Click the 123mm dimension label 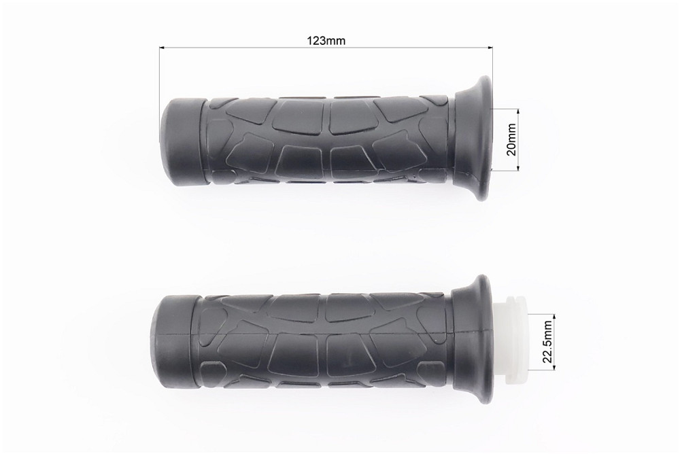pos(326,41)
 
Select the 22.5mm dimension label pos(547,342)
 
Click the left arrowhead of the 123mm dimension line pos(163,47)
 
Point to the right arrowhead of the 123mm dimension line pos(490,47)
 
